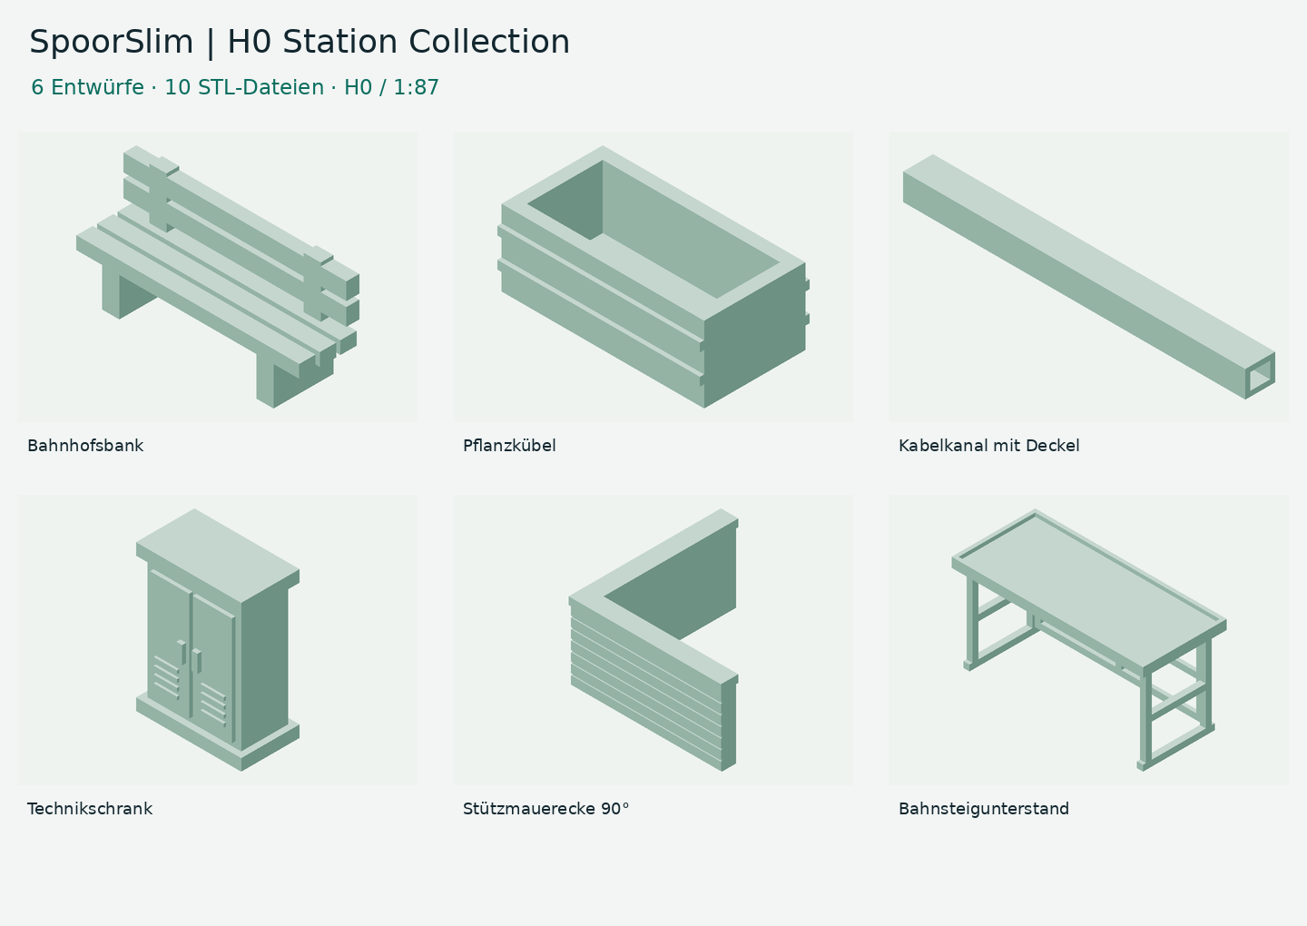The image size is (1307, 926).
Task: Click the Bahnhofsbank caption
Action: pyautogui.click(x=85, y=446)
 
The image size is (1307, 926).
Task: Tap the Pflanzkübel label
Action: pyautogui.click(x=509, y=446)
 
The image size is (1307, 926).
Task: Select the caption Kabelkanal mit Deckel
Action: pyautogui.click(x=989, y=446)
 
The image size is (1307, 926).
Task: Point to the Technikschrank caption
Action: pyautogui.click(x=90, y=809)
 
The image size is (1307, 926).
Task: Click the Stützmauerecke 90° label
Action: pyautogui.click(x=546, y=809)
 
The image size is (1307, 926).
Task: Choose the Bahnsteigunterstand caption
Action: pyautogui.click(x=984, y=809)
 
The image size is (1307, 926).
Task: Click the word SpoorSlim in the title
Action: pyautogui.click(x=112, y=42)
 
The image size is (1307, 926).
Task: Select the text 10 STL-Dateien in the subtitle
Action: pyautogui.click(x=244, y=87)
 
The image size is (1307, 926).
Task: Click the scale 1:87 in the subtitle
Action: pyautogui.click(x=416, y=87)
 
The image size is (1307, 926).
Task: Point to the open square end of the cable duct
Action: pyautogui.click(x=1260, y=376)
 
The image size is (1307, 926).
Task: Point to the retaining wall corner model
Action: pyautogui.click(x=653, y=640)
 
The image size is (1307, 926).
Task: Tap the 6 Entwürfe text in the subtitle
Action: pyautogui.click(x=87, y=87)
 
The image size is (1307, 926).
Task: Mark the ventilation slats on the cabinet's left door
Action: pyautogui.click(x=166, y=677)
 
